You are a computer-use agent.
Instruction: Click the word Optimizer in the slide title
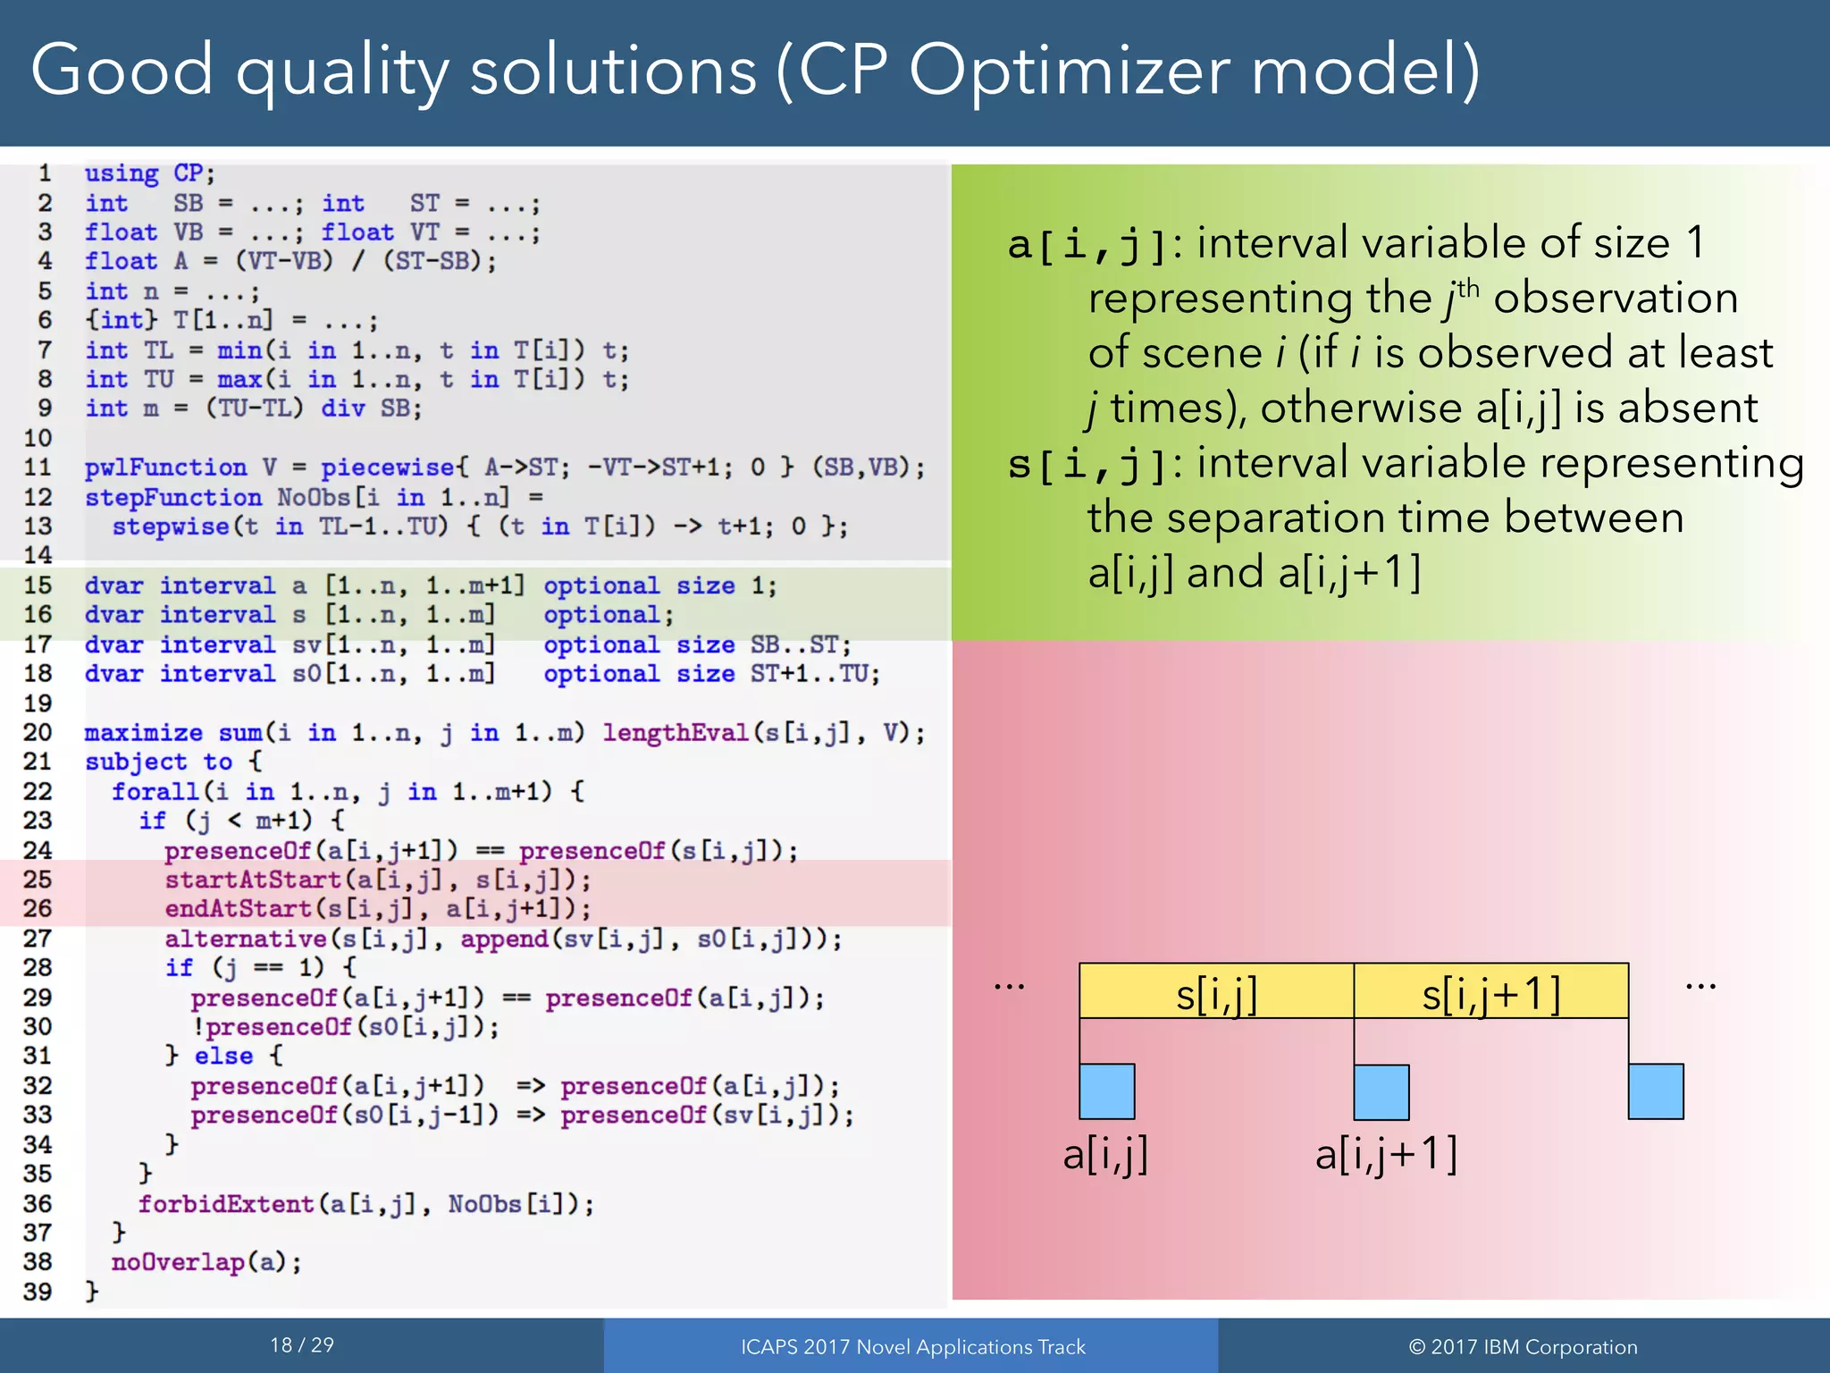click(x=1069, y=72)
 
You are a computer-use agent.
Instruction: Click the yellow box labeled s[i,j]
click(x=1216, y=990)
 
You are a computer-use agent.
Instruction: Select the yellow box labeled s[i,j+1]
click(x=1490, y=990)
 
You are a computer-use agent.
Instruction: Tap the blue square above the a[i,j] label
click(x=1106, y=1091)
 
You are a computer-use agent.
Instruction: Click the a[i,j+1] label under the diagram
click(x=1386, y=1154)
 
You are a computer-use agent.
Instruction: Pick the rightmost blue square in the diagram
click(x=1655, y=1091)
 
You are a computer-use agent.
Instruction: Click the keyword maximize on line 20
click(x=143, y=733)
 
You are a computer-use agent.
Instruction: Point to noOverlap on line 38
click(x=177, y=1262)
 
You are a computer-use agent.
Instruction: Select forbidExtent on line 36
click(x=225, y=1204)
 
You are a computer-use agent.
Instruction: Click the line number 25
click(x=38, y=880)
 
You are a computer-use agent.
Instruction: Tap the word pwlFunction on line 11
click(x=165, y=467)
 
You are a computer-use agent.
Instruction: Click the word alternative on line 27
click(x=246, y=939)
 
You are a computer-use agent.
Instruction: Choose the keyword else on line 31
click(x=223, y=1056)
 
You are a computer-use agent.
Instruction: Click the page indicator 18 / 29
click(x=302, y=1345)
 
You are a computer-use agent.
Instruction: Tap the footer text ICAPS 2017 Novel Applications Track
click(x=912, y=1347)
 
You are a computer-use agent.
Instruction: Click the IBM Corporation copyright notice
click(x=1523, y=1347)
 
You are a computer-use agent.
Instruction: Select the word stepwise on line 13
click(x=170, y=526)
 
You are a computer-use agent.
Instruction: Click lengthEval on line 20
click(x=675, y=733)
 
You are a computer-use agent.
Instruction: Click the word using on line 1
click(x=122, y=173)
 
